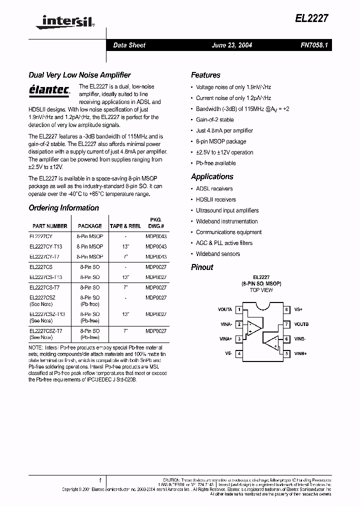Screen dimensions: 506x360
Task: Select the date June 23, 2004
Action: point(232,45)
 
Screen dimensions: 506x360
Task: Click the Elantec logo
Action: point(49,90)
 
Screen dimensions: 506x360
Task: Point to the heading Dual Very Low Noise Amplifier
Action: point(79,75)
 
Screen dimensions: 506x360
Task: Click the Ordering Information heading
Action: point(63,208)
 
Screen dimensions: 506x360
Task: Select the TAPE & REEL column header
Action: point(125,226)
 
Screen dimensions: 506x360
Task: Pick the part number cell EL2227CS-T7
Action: point(44,287)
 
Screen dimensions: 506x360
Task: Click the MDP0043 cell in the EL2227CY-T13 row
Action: point(156,246)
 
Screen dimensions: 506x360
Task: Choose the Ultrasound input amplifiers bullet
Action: point(227,210)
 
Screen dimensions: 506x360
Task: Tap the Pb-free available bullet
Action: point(215,163)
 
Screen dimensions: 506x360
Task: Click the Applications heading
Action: point(212,177)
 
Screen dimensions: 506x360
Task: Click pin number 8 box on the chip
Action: point(286,310)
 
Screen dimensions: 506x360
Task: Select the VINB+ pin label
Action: point(301,353)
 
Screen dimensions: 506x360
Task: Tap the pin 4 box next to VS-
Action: point(239,353)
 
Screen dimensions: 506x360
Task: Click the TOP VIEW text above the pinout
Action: point(261,290)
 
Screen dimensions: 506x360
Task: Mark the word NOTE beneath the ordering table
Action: point(35,347)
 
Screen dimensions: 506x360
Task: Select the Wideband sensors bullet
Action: point(217,254)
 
